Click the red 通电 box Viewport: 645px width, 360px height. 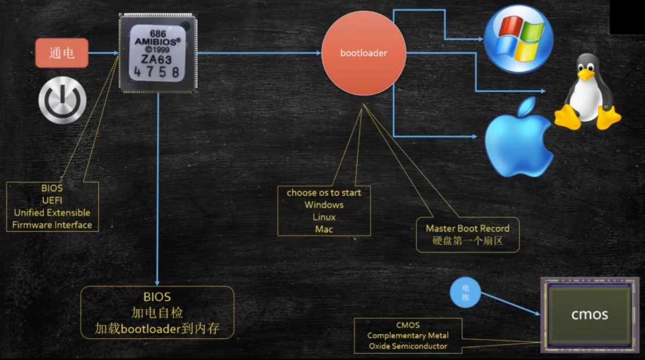[x=62, y=53]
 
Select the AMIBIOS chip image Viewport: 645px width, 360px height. [x=157, y=53]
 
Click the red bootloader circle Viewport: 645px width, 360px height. [x=364, y=53]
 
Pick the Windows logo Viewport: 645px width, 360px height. [x=518, y=38]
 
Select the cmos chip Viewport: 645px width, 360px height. [x=589, y=315]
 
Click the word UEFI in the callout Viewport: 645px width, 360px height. [x=52, y=200]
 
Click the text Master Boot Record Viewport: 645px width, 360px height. [x=467, y=228]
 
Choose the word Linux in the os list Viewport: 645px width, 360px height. [x=324, y=217]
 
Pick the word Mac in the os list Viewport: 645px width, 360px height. [x=324, y=229]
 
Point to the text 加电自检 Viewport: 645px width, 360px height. [x=157, y=312]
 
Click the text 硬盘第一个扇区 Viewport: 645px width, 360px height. [x=467, y=241]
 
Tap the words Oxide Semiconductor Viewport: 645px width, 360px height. [x=408, y=346]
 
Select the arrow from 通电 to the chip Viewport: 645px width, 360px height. [x=103, y=53]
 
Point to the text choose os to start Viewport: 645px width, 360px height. [x=324, y=193]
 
